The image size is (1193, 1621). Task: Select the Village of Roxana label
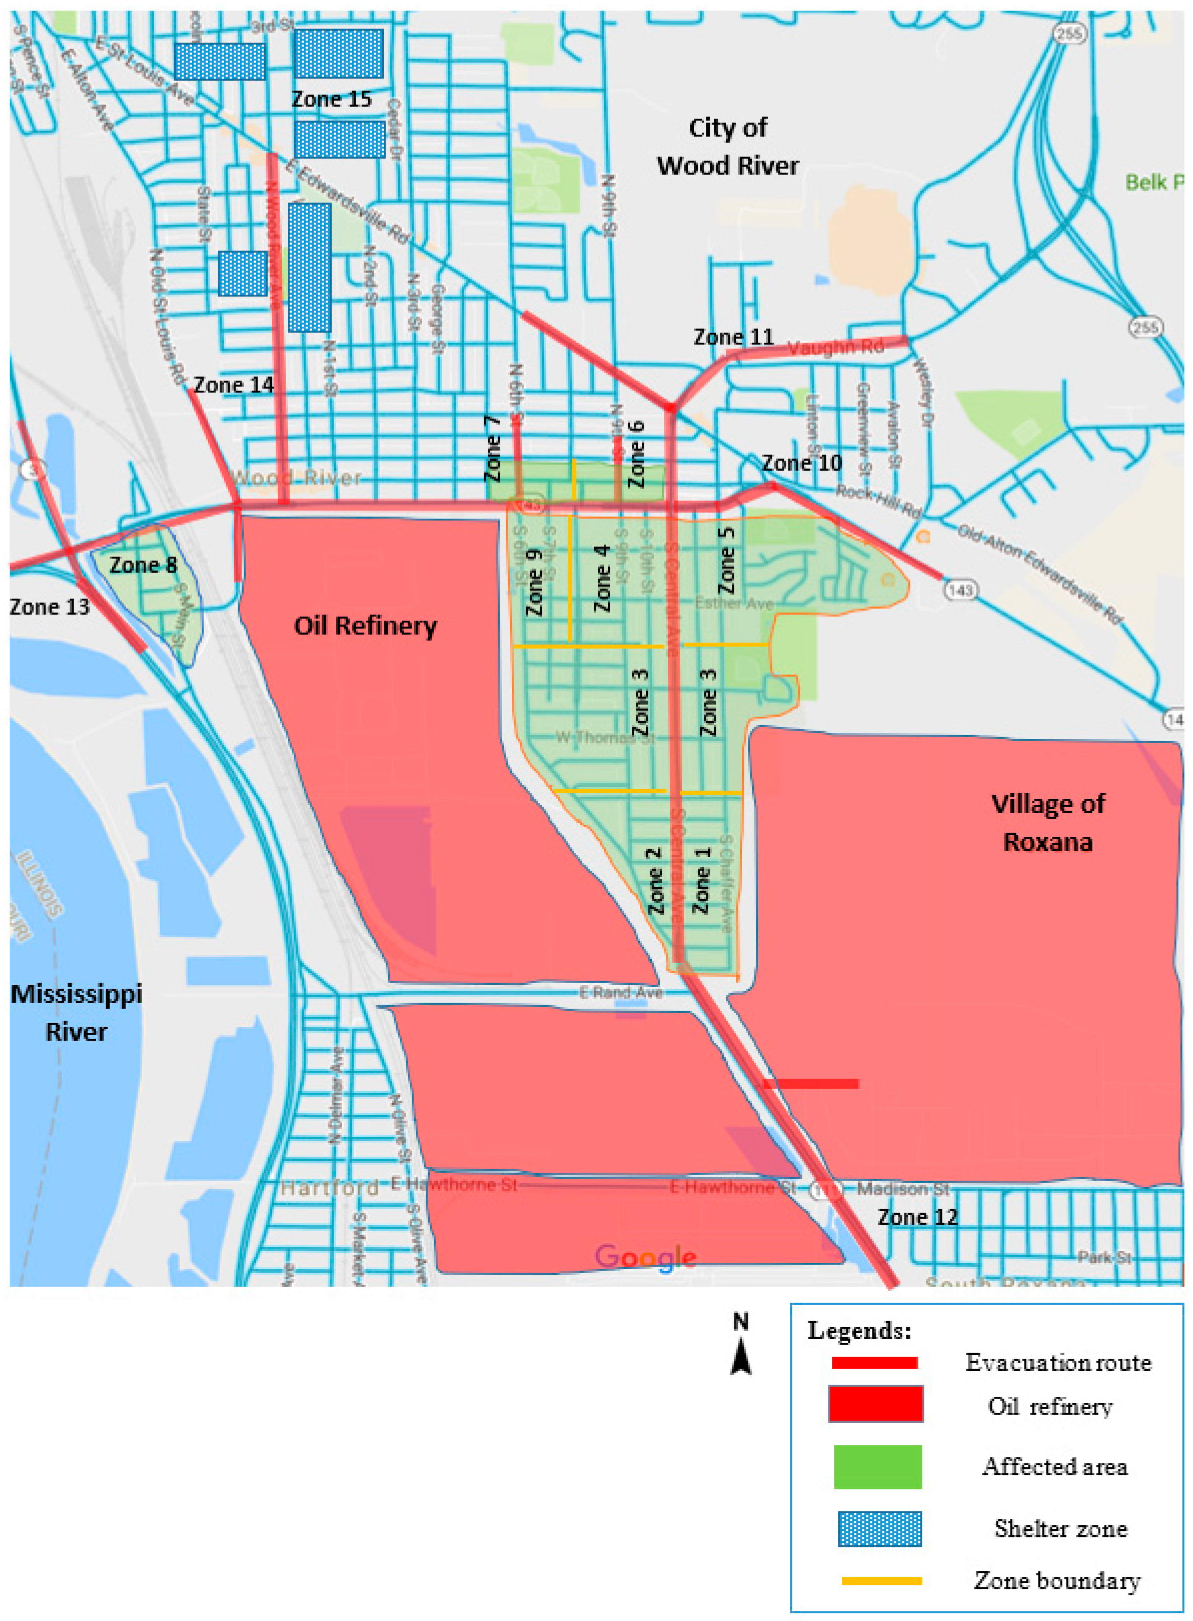(1048, 823)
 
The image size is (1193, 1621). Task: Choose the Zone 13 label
(49, 606)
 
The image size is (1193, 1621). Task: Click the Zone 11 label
(733, 337)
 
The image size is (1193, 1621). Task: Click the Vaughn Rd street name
(836, 348)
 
